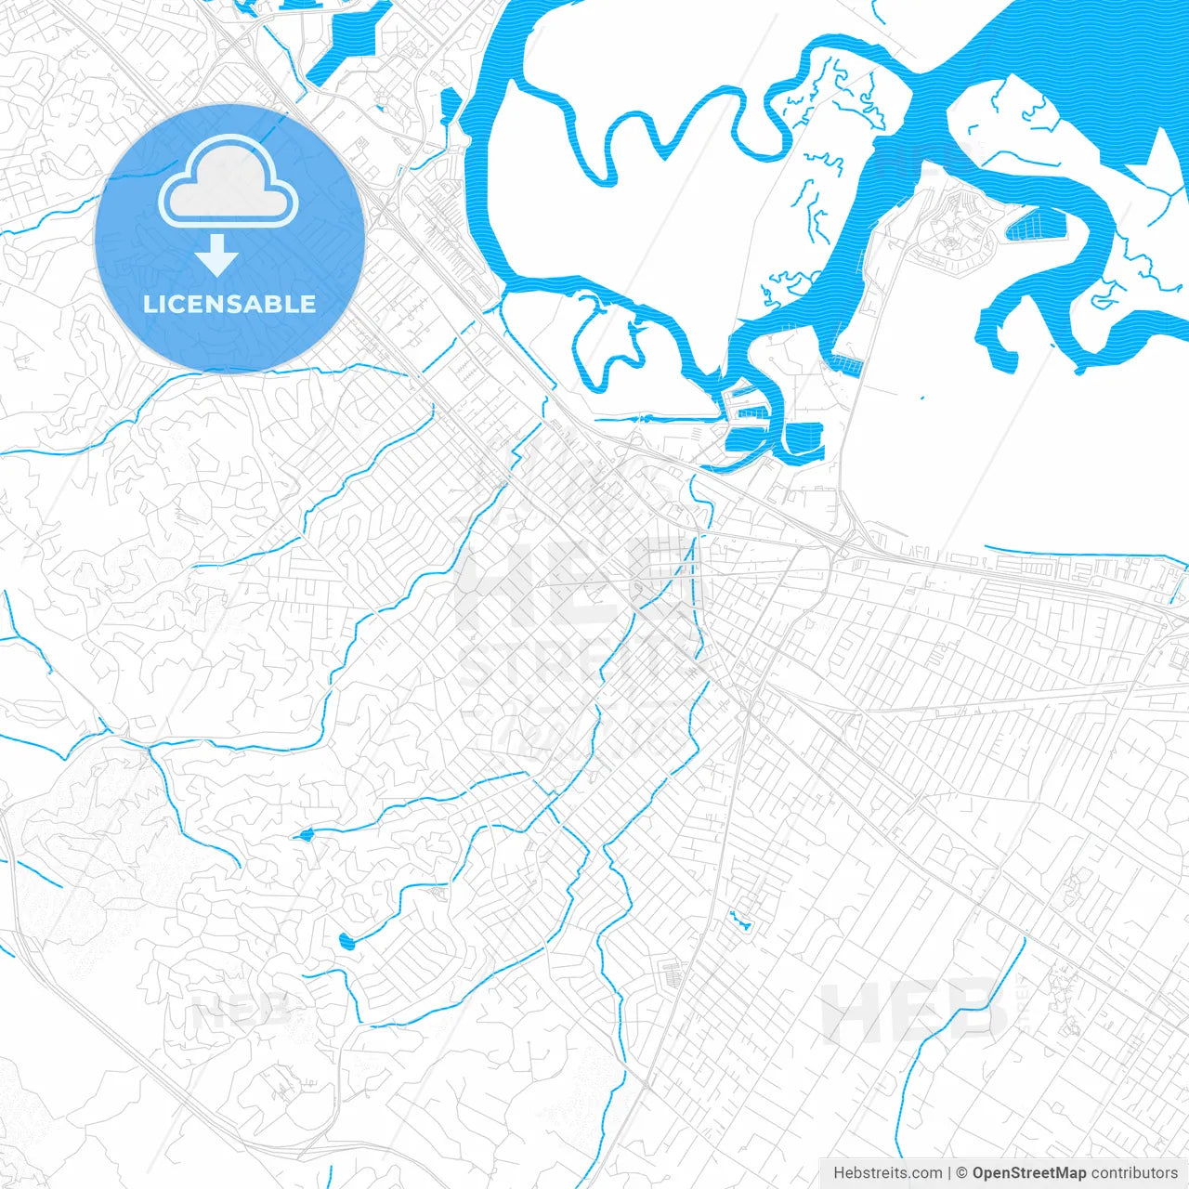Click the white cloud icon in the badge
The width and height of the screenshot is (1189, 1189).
229,183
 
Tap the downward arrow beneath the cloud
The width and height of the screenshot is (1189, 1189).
217,256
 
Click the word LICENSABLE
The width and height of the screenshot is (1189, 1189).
229,304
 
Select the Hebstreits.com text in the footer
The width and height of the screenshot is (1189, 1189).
887,1173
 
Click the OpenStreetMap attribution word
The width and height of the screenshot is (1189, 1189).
1028,1173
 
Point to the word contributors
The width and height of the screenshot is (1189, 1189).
1134,1173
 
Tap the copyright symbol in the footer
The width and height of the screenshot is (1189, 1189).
962,1173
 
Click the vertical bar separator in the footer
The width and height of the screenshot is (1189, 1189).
950,1173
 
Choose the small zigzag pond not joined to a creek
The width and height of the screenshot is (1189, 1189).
740,921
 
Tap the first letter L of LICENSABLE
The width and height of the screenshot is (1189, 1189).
149,304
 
